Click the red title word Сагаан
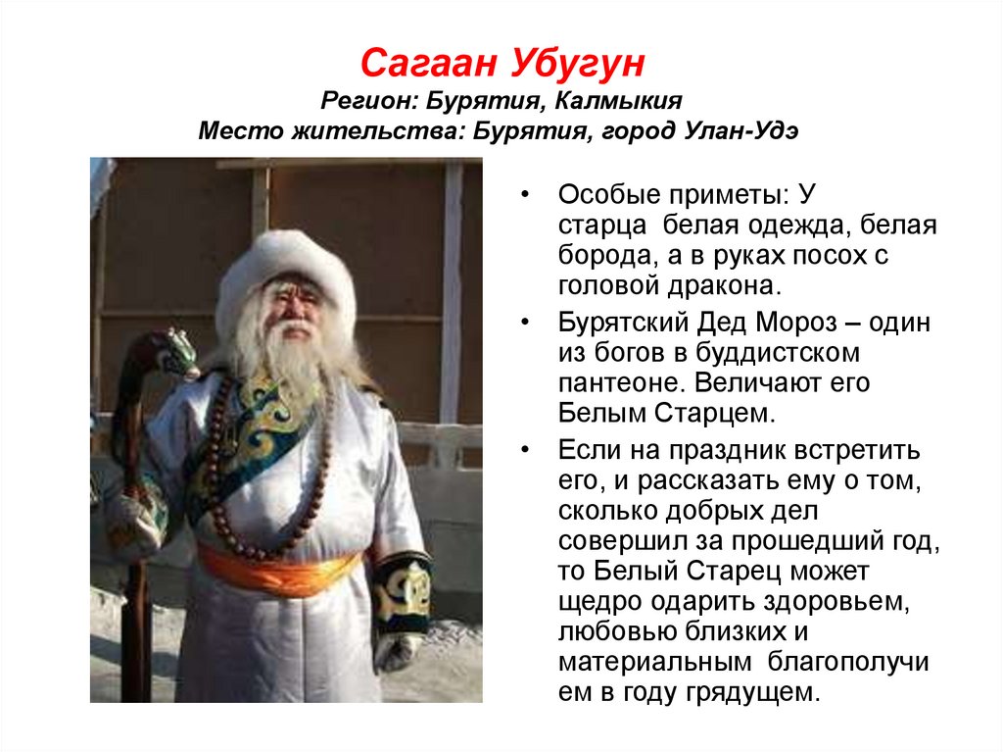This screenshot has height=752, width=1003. point(427,65)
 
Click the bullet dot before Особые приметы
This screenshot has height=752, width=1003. point(527,194)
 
